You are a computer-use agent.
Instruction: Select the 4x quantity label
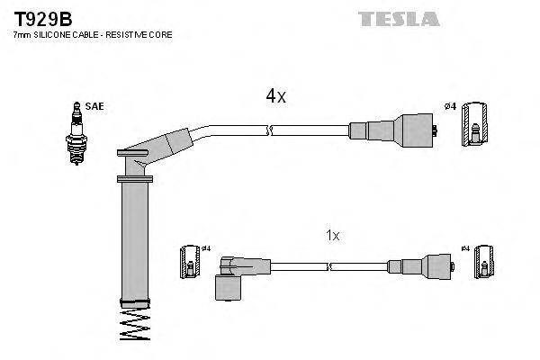click(x=274, y=95)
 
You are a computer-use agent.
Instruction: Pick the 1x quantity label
click(x=332, y=236)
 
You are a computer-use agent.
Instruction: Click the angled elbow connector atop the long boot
click(x=162, y=147)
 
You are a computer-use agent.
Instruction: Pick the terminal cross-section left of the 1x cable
click(x=190, y=262)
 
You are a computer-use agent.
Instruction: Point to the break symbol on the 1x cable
click(x=331, y=265)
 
